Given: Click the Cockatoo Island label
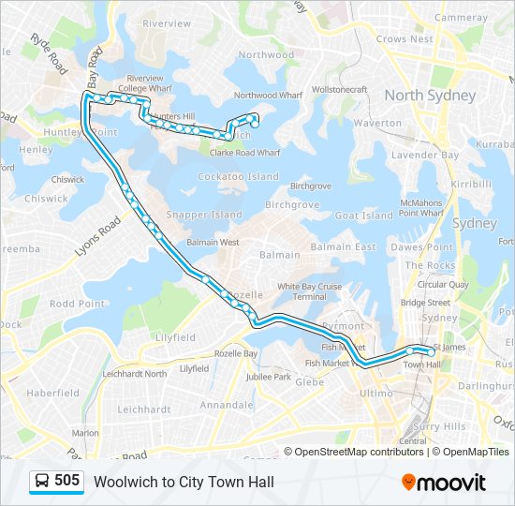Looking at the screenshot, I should [238, 176].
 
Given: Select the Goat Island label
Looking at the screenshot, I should [363, 216].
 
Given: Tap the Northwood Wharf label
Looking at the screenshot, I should [268, 96].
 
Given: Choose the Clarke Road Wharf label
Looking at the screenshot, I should [244, 152].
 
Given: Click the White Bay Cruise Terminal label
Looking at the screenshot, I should [309, 290].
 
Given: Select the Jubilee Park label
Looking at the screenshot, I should [270, 377].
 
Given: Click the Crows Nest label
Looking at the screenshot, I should [405, 39].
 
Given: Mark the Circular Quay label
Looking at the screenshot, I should [443, 284].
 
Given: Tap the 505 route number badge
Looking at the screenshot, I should [55, 481].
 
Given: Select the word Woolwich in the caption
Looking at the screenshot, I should [124, 482].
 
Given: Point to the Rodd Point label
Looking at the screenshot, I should [77, 304].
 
